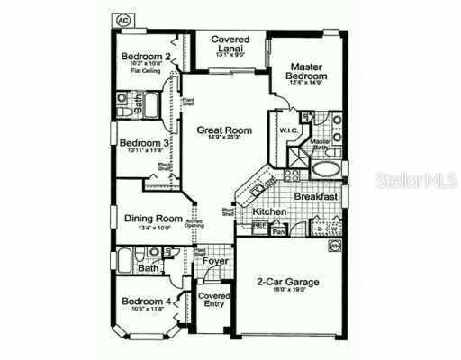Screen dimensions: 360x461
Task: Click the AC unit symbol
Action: pos(121,19)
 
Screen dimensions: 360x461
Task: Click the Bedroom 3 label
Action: pos(141,142)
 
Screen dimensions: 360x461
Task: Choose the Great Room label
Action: pos(224,130)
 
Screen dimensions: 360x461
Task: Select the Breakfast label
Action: pos(316,196)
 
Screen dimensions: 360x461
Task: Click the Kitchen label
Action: pos(269,211)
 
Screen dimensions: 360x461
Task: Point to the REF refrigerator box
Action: pos(260,225)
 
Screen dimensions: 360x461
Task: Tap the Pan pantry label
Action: pos(280,230)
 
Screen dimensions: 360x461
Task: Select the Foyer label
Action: pos(213,262)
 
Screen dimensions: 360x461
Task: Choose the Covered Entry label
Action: pos(213,301)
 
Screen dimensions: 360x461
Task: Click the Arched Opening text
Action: pos(194,222)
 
